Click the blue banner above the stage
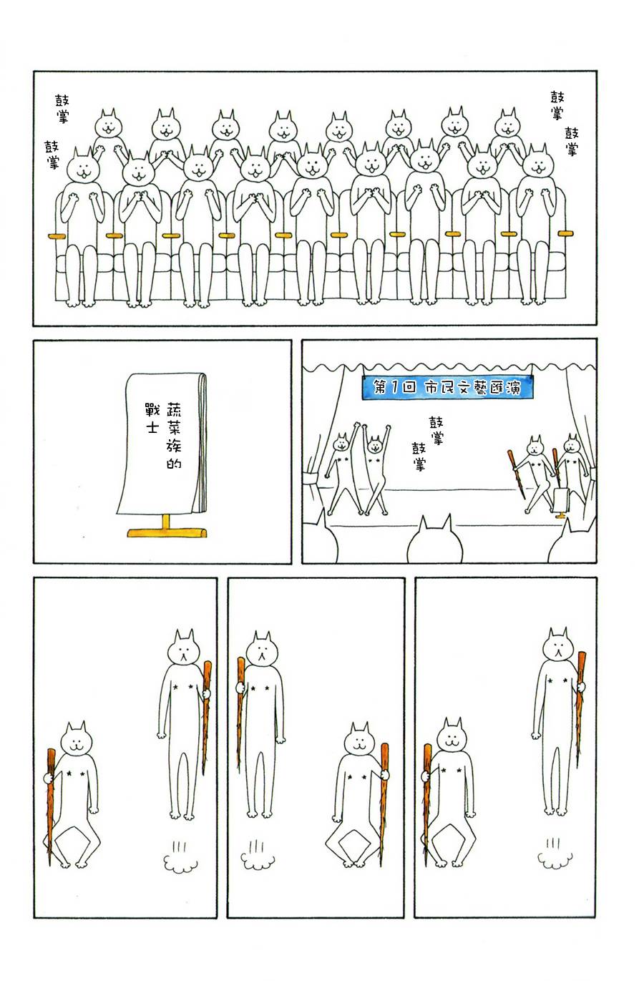pyautogui.click(x=447, y=387)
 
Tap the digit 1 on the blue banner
pyautogui.click(x=394, y=386)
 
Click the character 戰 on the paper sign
pyautogui.click(x=152, y=410)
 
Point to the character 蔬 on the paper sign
pyautogui.click(x=174, y=410)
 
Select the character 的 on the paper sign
pyautogui.click(x=174, y=462)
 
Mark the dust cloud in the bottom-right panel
pyautogui.click(x=555, y=860)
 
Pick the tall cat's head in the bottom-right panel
pyautogui.click(x=557, y=646)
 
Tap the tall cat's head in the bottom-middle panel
pyautogui.click(x=262, y=650)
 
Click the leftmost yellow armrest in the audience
pyautogui.click(x=57, y=237)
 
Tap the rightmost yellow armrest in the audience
pyautogui.click(x=565, y=233)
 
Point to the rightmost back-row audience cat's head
pyautogui.click(x=508, y=123)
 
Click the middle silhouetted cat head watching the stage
pyautogui.click(x=434, y=540)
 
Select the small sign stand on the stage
pyautogui.click(x=560, y=502)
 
